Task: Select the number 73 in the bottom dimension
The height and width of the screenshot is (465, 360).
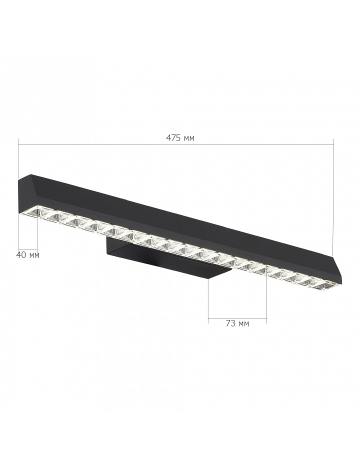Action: [x=230, y=323]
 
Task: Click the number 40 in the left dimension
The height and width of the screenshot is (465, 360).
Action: [x=21, y=254]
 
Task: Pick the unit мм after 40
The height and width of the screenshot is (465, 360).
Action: [x=34, y=255]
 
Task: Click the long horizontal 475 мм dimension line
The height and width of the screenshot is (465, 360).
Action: [x=176, y=144]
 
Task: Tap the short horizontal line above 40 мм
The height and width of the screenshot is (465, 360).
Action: [x=28, y=249]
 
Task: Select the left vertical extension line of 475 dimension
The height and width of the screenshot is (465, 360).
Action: [x=18, y=159]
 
